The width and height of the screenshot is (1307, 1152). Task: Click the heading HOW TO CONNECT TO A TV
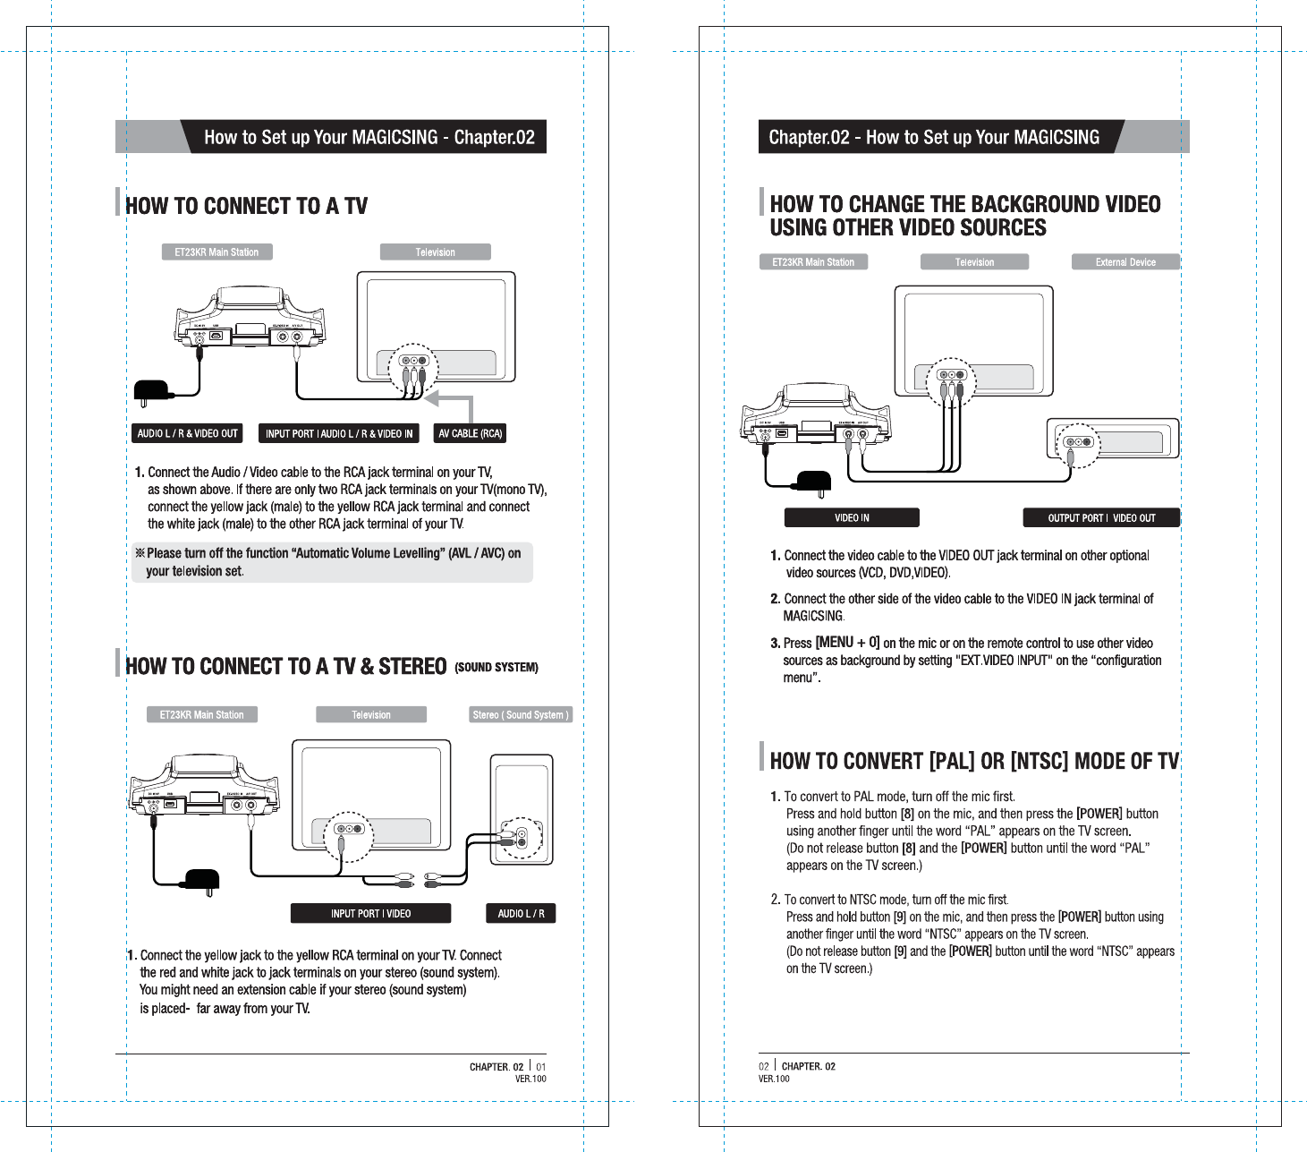(x=246, y=206)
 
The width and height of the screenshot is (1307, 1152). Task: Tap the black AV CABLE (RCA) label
(x=470, y=433)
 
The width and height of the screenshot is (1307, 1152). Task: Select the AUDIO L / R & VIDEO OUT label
(x=187, y=433)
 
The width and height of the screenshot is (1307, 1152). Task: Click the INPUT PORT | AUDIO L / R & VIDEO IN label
(x=339, y=433)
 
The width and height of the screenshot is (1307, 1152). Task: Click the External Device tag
(x=1125, y=262)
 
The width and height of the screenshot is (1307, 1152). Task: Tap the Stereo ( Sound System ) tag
(x=521, y=714)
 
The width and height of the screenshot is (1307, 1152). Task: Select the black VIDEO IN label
(x=852, y=517)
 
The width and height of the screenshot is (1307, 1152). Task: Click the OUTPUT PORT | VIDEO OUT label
(x=1101, y=517)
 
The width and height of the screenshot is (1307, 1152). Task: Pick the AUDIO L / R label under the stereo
(x=521, y=913)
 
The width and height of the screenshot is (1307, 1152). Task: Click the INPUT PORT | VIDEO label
(x=370, y=913)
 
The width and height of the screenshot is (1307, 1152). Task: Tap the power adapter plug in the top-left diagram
(x=151, y=391)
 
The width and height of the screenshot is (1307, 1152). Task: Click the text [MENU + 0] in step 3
(x=847, y=643)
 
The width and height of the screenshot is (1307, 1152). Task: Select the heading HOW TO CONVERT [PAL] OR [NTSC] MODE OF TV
(x=973, y=761)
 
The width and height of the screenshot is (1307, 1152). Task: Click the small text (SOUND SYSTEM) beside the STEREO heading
(x=496, y=668)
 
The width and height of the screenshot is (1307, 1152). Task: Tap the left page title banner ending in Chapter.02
(x=369, y=137)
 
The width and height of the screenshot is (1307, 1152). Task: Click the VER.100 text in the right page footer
(x=774, y=1079)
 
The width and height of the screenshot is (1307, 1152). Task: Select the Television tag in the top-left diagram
(x=436, y=252)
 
